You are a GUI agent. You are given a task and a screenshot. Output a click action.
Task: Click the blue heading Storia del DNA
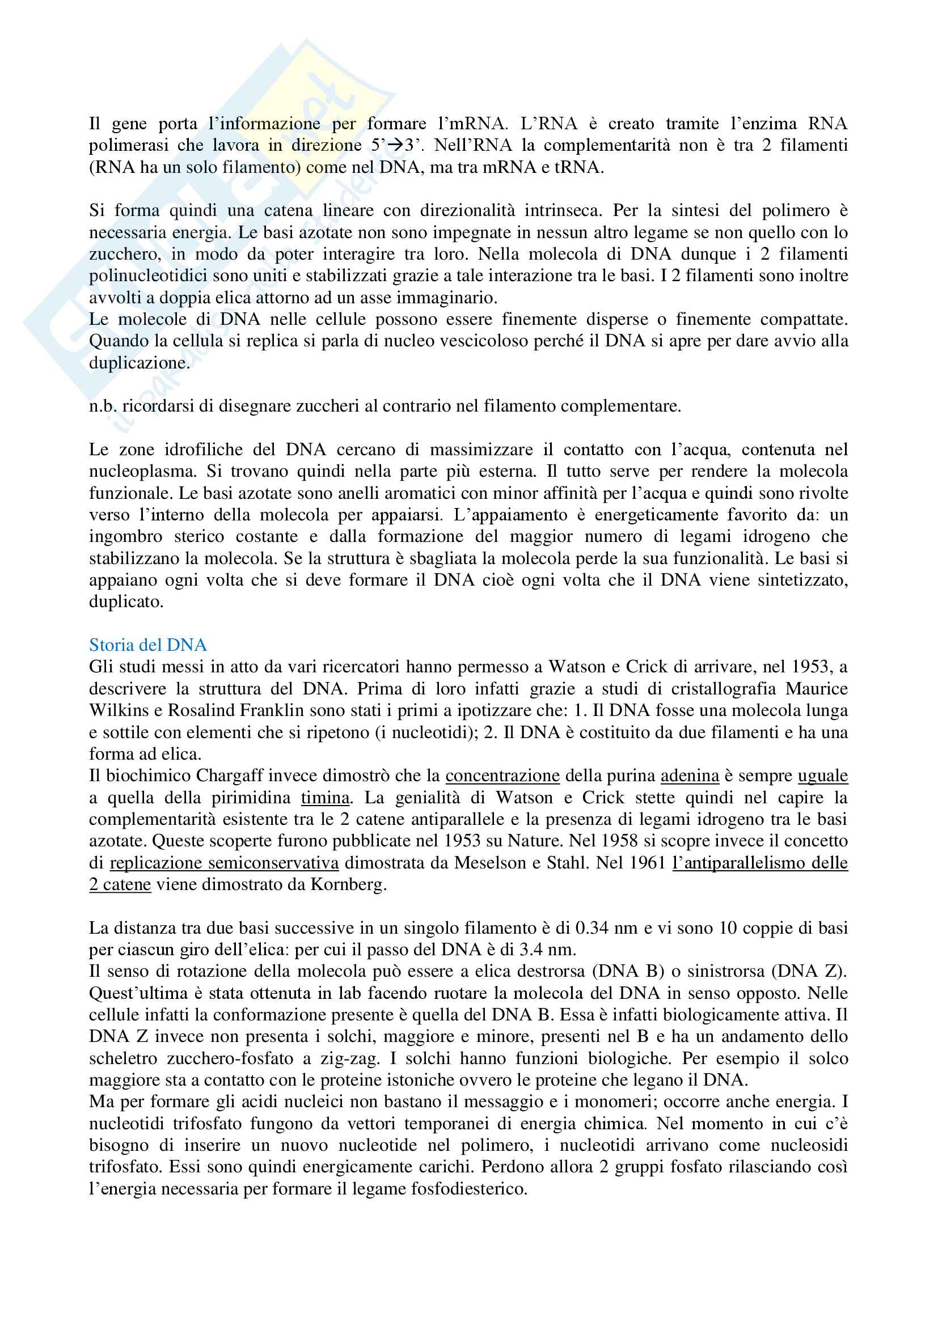click(x=148, y=645)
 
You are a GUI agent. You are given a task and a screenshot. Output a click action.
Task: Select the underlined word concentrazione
click(x=502, y=776)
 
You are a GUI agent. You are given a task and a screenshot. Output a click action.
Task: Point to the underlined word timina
click(x=325, y=798)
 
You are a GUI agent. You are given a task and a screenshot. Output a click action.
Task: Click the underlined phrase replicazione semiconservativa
click(x=224, y=863)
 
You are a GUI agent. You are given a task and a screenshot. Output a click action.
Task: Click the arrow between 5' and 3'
click(x=395, y=146)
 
